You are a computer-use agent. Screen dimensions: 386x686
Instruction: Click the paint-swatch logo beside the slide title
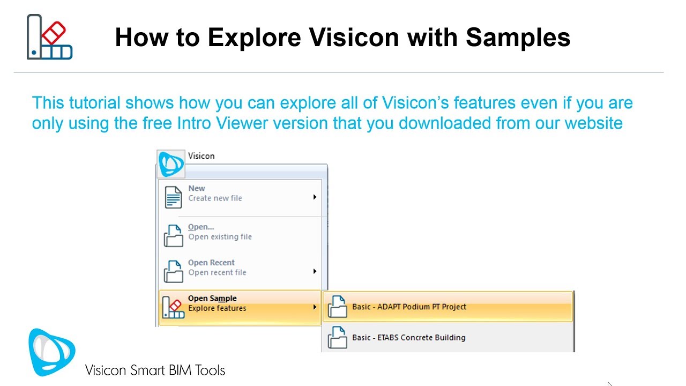click(49, 36)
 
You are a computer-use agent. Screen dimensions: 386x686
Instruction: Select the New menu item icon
click(173, 197)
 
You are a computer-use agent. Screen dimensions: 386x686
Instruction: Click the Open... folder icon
click(173, 235)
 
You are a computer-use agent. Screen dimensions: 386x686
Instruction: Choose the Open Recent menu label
click(211, 263)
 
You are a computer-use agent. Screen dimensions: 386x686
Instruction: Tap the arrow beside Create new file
click(315, 197)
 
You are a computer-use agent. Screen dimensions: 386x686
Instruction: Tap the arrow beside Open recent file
click(315, 271)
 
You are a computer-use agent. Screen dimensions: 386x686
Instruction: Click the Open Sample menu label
click(212, 299)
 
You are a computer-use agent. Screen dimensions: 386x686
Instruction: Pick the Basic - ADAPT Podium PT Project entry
click(409, 307)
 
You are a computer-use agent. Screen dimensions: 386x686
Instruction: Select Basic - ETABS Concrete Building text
click(408, 338)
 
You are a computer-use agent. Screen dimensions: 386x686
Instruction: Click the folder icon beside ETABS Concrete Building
click(337, 338)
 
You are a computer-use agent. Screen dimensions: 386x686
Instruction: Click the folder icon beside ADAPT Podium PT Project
click(337, 307)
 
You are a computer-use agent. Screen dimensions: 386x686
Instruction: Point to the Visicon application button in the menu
click(171, 164)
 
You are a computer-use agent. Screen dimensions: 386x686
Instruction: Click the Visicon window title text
click(202, 156)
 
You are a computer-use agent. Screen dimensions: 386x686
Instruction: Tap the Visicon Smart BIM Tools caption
click(155, 370)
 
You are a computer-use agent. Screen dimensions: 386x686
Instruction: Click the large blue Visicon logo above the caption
click(51, 352)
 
